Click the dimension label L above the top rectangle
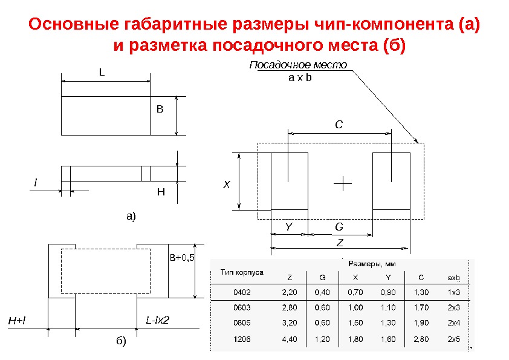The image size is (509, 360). pos(102,72)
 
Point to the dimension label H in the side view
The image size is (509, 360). pos(160,192)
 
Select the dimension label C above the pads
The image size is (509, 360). pos(339,125)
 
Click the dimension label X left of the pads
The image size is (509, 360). pos(227,184)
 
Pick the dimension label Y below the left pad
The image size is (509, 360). pos(288,226)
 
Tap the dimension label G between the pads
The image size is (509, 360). pos(339,226)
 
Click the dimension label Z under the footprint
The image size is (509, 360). pos(340,242)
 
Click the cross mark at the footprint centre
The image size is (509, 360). pos(343,183)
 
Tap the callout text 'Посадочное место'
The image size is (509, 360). pos(299,65)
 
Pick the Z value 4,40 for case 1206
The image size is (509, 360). pos(290,339)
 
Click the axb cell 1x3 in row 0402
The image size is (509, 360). pos(453,292)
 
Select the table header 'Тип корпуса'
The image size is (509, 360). pos(241,272)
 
